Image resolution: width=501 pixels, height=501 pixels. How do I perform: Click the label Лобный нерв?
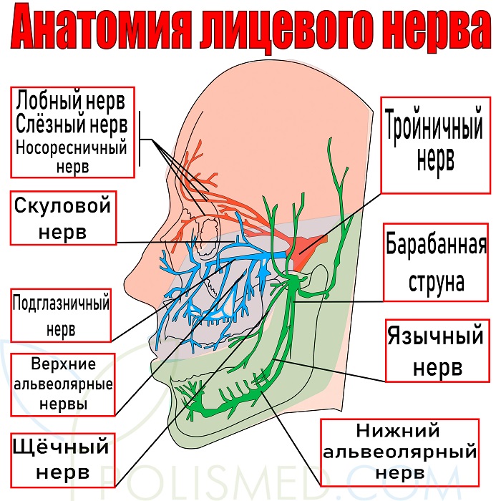(x=70, y=100)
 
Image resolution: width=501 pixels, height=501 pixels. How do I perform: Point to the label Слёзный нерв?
(x=72, y=124)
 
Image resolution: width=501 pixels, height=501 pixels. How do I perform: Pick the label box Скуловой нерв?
(x=63, y=218)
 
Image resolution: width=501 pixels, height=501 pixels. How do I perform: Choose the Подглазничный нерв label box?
(x=61, y=316)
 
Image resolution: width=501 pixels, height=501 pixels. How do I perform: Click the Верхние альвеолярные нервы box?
(x=63, y=384)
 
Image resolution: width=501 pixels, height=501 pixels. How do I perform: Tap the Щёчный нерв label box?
(x=63, y=459)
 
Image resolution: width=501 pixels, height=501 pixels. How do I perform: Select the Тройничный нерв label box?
(x=435, y=145)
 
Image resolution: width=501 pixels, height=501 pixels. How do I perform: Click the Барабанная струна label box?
(x=436, y=263)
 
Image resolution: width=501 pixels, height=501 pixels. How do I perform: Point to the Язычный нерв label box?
(x=437, y=350)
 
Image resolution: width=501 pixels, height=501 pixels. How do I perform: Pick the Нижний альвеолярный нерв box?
(x=399, y=452)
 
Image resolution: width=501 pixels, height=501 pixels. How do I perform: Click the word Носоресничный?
(x=72, y=148)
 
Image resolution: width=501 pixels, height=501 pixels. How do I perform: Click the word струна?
(x=436, y=281)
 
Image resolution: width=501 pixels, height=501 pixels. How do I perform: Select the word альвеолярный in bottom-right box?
(x=399, y=452)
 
